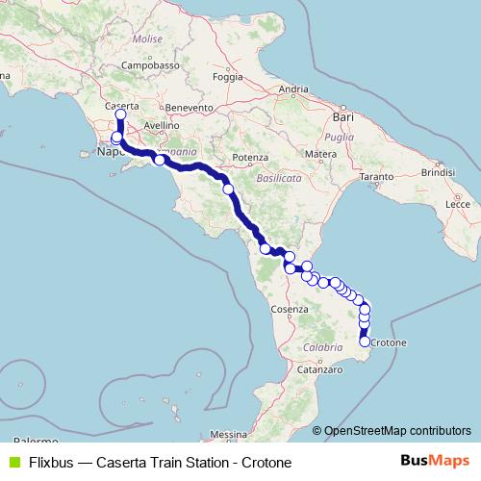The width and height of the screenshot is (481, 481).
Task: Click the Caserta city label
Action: (122, 104)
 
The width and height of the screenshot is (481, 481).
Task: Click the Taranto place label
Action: (378, 179)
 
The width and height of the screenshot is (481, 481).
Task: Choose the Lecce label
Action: (457, 205)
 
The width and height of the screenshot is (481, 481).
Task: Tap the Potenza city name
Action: (249, 157)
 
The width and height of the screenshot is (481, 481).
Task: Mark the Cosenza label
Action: (289, 309)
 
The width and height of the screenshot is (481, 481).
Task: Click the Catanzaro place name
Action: (320, 368)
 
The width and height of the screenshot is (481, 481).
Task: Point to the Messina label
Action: (228, 434)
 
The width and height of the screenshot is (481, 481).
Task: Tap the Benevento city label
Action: (188, 109)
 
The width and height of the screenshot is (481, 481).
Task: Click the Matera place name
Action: (319, 154)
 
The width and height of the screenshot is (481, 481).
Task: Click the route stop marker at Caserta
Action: (120, 115)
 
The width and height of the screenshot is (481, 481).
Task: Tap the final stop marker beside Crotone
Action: (365, 342)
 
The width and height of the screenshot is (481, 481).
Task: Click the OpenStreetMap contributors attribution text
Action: (396, 430)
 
